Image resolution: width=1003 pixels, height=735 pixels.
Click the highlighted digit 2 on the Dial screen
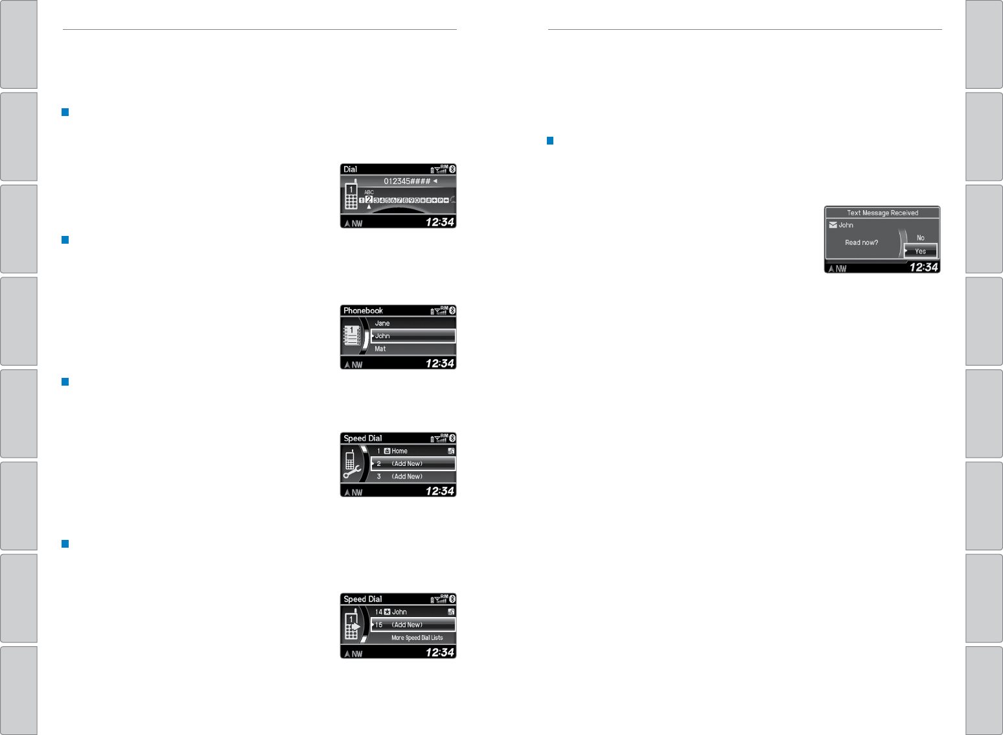[369, 200]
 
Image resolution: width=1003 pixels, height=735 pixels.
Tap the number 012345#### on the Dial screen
[407, 181]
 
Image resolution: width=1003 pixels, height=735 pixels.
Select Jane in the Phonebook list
[382, 323]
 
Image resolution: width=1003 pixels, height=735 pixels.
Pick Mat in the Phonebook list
[380, 349]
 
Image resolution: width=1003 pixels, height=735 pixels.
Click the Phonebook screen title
[363, 311]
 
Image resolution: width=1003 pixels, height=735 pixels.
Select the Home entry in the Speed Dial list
[399, 451]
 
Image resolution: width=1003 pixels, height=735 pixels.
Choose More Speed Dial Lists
[417, 638]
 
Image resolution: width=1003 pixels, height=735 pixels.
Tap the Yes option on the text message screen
[920, 251]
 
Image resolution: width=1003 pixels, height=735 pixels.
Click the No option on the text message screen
[920, 238]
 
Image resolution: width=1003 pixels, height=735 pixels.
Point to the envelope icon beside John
[833, 225]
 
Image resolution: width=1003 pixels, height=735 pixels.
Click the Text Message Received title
[882, 213]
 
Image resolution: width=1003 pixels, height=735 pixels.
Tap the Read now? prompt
[861, 242]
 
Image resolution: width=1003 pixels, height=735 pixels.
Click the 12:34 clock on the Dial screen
[439, 222]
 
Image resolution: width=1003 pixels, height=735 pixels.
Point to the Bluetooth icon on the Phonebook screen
[452, 310]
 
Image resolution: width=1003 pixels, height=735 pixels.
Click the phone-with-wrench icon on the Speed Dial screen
[352, 465]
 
